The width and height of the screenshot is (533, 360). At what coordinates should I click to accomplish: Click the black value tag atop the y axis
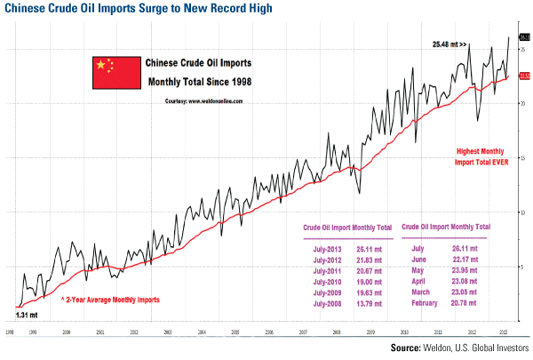tap(524, 37)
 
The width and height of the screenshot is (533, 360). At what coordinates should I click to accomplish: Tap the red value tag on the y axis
tap(524, 77)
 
